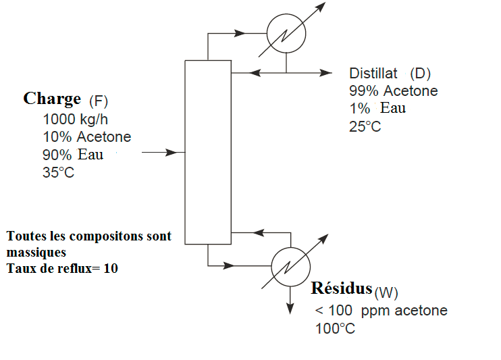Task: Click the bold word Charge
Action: [x=52, y=99]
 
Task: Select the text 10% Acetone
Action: [x=86, y=137]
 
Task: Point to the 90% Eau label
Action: [x=73, y=155]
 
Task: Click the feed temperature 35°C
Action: [x=58, y=172]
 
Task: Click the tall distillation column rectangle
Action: [x=208, y=152]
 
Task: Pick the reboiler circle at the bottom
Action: [x=290, y=264]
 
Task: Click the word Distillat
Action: [x=373, y=73]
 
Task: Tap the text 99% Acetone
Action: [x=393, y=91]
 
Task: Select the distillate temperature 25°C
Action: [x=365, y=126]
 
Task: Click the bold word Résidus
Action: [x=342, y=288]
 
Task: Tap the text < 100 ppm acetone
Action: [x=381, y=311]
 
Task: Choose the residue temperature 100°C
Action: [x=335, y=329]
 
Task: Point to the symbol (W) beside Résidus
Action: [x=386, y=292]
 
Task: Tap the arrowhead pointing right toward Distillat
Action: [x=327, y=72]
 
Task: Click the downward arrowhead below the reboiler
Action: [x=290, y=308]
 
